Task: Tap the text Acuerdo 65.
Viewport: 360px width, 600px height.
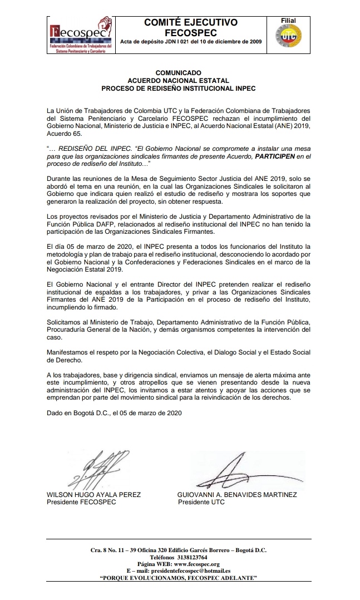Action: (67, 134)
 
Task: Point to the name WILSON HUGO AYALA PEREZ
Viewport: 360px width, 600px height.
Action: (94, 495)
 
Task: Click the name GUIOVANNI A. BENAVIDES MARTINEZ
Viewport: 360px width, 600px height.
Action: (237, 495)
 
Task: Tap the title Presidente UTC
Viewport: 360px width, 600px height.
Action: (201, 502)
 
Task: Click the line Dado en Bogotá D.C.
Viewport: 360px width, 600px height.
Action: (114, 413)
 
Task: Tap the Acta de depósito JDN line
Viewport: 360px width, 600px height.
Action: (191, 42)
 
